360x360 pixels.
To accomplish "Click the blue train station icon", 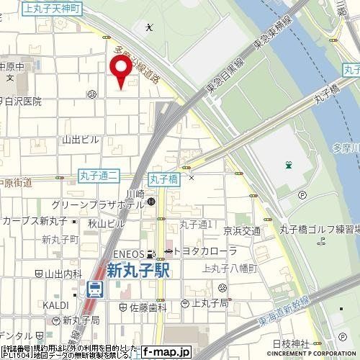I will click(x=94, y=289).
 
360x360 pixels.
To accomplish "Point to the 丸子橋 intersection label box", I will click(x=163, y=175).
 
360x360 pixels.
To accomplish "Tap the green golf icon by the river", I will click(x=288, y=165).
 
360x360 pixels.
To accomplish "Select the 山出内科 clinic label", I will click(x=59, y=274).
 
